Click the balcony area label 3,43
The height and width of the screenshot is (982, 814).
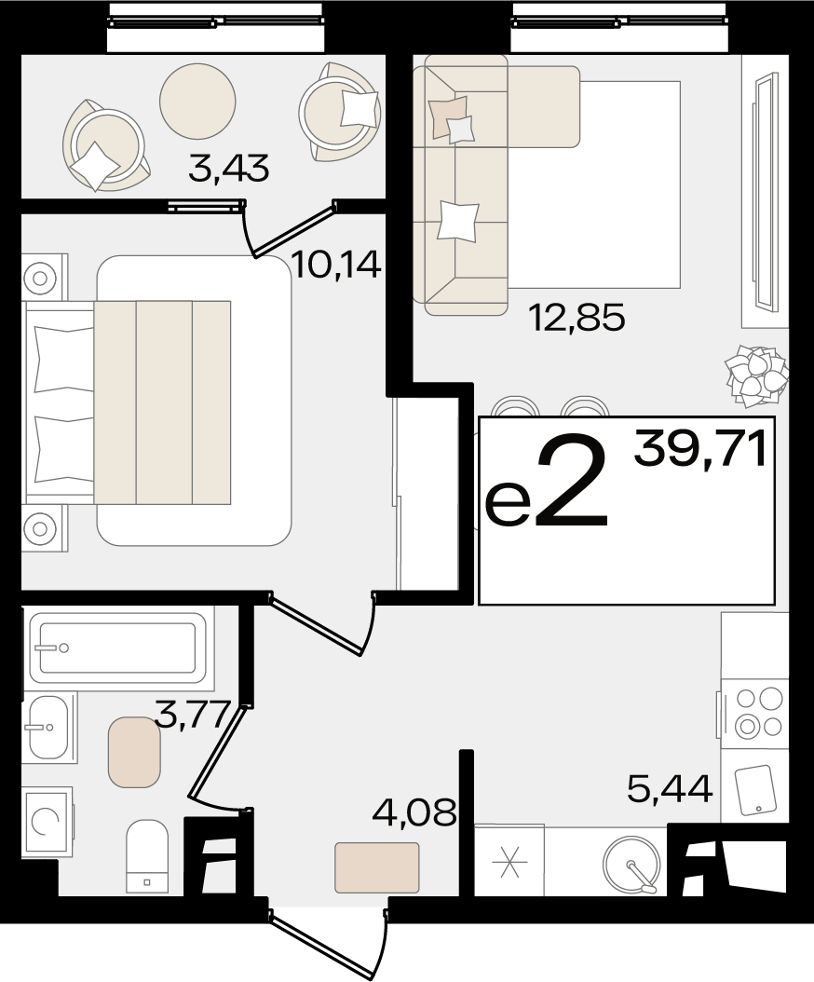pyautogui.click(x=228, y=169)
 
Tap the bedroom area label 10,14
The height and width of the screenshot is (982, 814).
pyautogui.click(x=336, y=266)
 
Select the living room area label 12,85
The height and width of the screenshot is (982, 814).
pyautogui.click(x=577, y=318)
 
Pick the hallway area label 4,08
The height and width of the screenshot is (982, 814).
pyautogui.click(x=413, y=813)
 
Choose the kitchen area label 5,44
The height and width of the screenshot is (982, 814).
pyautogui.click(x=670, y=789)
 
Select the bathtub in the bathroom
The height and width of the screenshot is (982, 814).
pyautogui.click(x=117, y=648)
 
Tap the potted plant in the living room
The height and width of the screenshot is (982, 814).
pyautogui.click(x=755, y=375)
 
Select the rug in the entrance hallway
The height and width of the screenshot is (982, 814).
pyautogui.click(x=377, y=866)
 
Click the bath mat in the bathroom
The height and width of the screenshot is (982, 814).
pyautogui.click(x=135, y=752)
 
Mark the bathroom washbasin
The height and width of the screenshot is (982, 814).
pyautogui.click(x=48, y=728)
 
